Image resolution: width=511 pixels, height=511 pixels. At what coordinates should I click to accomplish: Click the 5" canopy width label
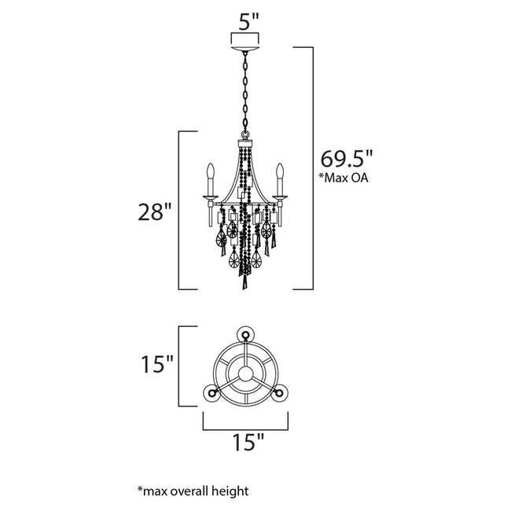248,21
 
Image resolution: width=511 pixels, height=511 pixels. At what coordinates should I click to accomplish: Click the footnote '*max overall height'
193,491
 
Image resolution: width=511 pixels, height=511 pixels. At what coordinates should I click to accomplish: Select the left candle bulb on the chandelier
210,172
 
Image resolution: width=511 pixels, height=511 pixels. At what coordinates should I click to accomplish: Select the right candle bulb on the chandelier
279,172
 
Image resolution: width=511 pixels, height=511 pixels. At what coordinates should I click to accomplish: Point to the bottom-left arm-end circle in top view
211,393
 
